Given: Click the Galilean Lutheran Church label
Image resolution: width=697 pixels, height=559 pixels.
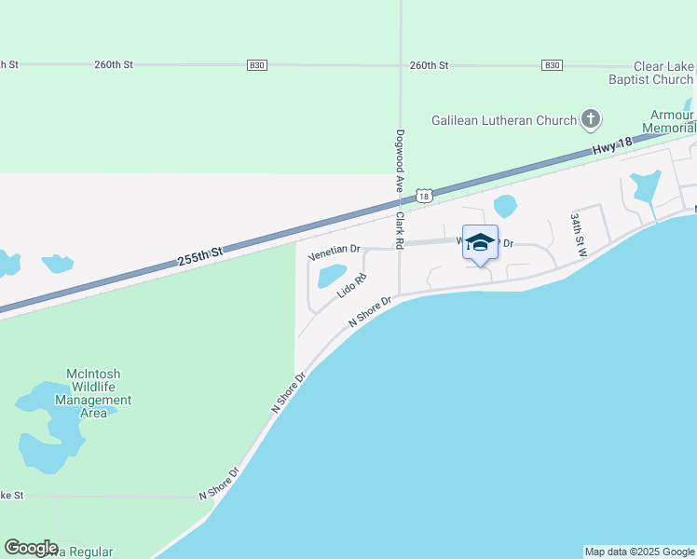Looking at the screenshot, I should click(504, 120).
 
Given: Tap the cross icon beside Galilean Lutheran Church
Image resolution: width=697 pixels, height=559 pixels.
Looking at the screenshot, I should click(590, 119).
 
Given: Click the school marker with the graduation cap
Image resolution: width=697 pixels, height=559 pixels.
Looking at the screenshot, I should click(480, 244).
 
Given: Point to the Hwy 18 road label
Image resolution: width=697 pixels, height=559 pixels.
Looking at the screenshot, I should click(611, 146).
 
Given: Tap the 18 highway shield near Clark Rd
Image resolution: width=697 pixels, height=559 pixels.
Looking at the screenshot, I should click(424, 196).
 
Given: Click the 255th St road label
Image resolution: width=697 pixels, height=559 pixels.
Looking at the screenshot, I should click(201, 258).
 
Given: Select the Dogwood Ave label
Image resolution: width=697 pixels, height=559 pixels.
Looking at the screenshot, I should click(400, 161).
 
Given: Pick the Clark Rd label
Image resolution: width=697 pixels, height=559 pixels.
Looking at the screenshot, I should click(399, 228).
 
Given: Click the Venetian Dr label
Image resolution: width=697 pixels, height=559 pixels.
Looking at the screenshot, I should click(334, 250).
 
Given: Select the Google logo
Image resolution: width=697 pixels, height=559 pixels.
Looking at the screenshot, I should click(31, 548).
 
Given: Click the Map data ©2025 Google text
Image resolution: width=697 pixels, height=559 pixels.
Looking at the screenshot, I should click(639, 552).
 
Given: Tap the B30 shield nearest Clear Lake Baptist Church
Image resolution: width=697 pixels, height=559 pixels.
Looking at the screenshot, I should click(552, 64).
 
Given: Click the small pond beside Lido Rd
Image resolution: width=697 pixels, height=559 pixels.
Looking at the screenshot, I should click(331, 277).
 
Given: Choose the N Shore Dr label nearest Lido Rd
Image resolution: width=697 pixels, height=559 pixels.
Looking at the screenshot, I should click(373, 310).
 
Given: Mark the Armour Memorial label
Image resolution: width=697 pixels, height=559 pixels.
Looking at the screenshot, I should click(674, 120).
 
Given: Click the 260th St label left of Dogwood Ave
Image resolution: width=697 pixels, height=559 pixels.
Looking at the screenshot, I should click(114, 64).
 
